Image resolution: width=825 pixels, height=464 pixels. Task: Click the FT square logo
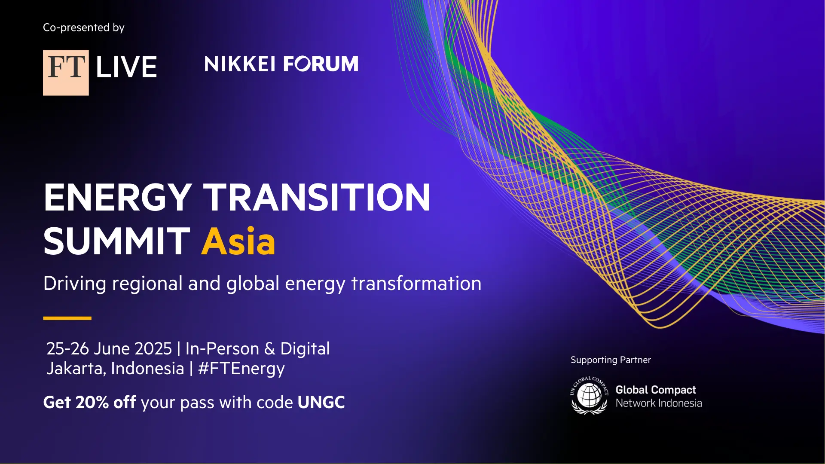[66, 73]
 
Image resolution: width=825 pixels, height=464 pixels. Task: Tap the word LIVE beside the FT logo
[126, 67]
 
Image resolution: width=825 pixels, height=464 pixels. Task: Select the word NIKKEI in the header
[240, 64]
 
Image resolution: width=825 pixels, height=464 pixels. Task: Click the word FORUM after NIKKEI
[321, 64]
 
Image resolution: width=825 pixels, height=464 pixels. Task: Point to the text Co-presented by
[84, 28]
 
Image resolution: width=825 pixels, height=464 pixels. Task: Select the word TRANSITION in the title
[317, 197]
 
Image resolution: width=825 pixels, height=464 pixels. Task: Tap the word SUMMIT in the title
[117, 241]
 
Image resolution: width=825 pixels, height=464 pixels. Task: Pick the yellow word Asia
[238, 241]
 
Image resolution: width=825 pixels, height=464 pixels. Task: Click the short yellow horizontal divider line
[67, 318]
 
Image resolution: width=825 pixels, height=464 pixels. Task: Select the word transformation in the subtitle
[416, 284]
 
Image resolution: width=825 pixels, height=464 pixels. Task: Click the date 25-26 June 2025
[109, 348]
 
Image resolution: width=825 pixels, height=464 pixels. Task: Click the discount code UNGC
[321, 403]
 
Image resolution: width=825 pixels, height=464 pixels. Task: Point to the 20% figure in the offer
[92, 403]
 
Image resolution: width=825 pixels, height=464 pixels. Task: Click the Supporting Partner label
[611, 360]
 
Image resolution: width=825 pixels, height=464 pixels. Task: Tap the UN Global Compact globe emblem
[589, 395]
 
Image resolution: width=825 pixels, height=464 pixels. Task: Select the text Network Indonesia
[659, 403]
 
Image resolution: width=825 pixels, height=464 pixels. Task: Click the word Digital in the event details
[305, 349]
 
